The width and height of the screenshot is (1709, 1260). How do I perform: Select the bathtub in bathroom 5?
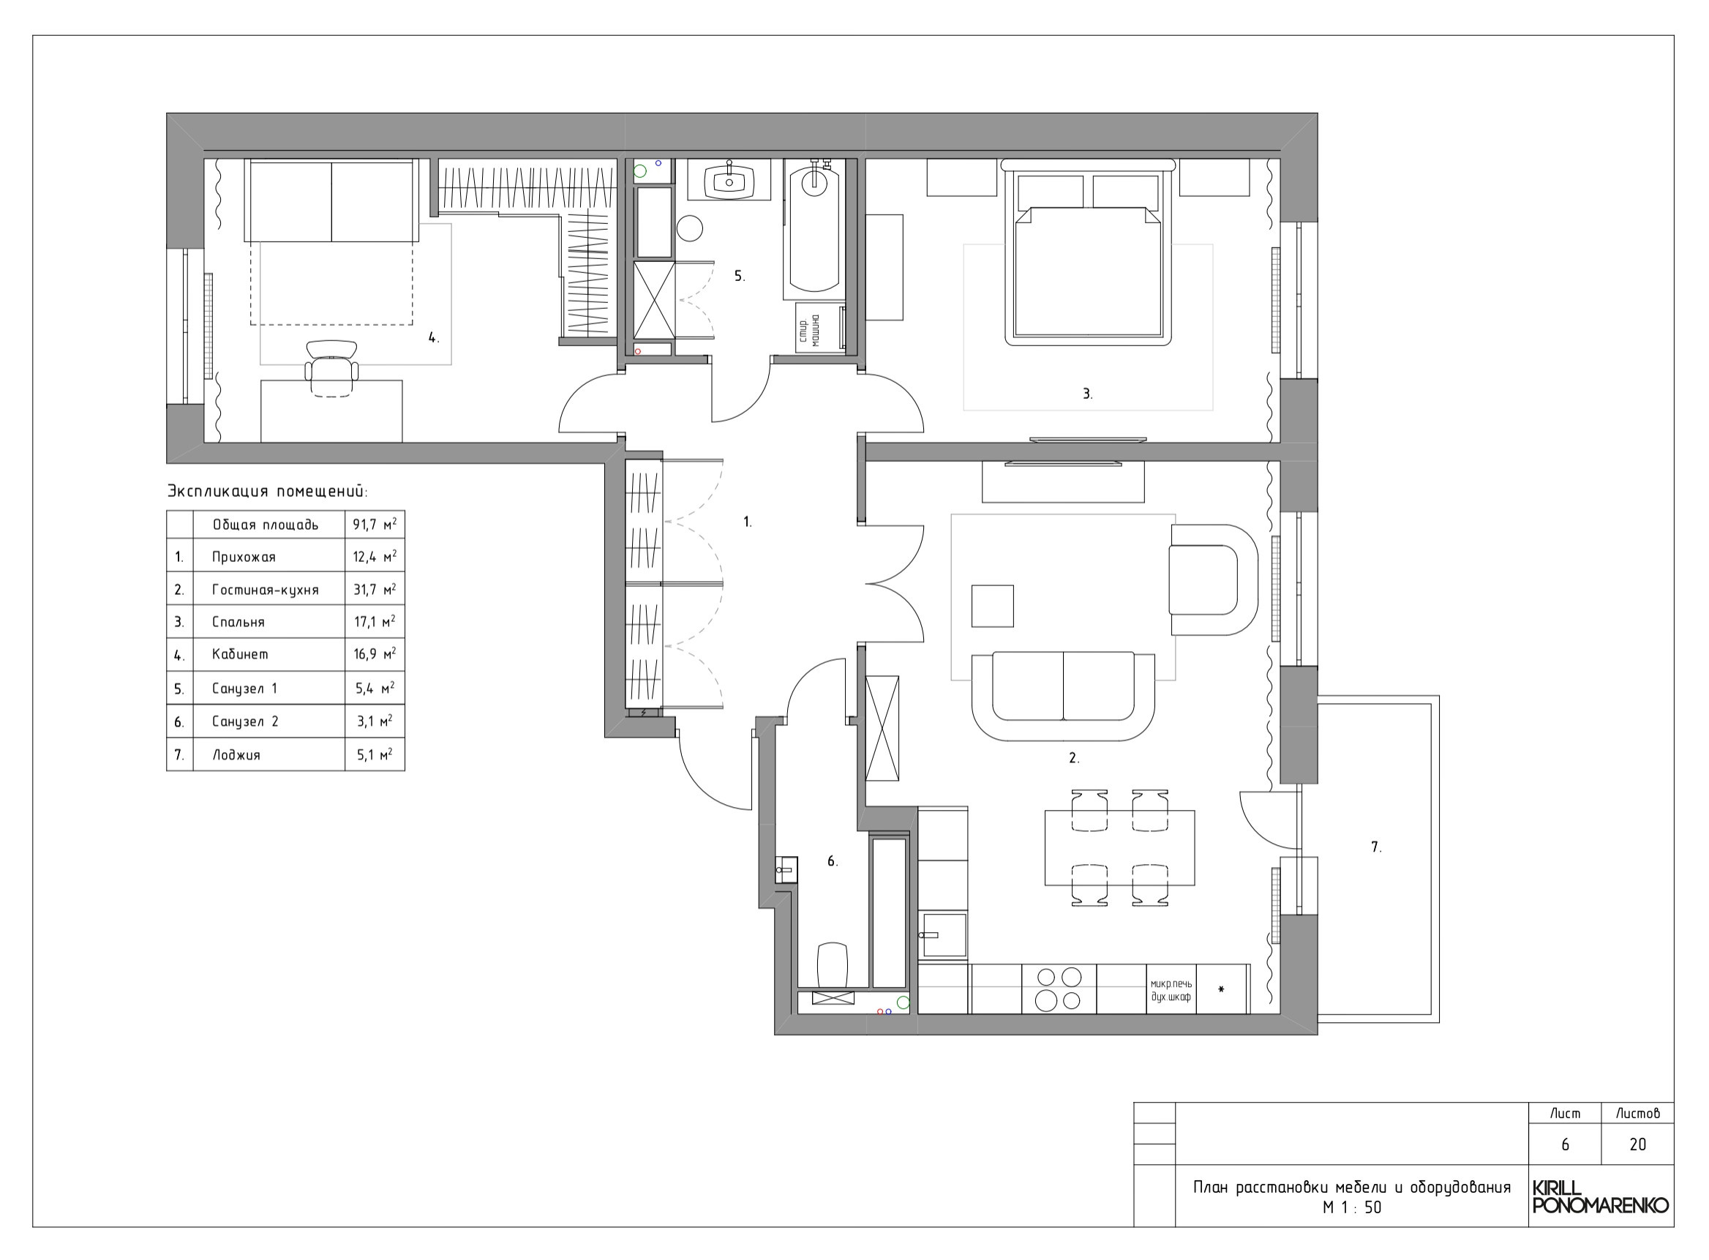point(814,229)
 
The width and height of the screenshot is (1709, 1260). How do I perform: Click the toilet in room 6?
point(832,966)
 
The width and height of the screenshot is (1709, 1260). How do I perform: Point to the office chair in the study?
point(331,368)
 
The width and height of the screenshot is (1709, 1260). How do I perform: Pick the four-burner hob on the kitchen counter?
point(1059,988)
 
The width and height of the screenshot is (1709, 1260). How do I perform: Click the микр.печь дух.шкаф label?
point(1171,990)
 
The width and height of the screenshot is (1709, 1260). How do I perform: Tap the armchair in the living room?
point(1212,580)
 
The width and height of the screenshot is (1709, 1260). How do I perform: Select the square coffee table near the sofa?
point(992,606)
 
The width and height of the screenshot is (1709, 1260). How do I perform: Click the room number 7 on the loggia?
point(1375,847)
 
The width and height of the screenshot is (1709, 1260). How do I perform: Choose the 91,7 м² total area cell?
point(375,525)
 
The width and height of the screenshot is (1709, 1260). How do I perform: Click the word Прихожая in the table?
point(244,557)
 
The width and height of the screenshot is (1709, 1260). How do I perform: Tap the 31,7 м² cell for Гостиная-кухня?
point(375,589)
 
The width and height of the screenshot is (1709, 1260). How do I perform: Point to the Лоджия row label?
point(236,754)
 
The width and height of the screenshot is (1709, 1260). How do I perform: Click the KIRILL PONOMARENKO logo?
point(1600,1198)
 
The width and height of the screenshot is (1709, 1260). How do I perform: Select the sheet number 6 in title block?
point(1565,1144)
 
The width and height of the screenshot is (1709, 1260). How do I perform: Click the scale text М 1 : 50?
point(1351,1207)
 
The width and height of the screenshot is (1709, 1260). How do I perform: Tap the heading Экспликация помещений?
point(267,490)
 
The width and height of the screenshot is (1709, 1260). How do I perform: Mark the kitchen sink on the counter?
point(943,934)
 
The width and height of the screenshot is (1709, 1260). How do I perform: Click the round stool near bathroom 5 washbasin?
point(690,228)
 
